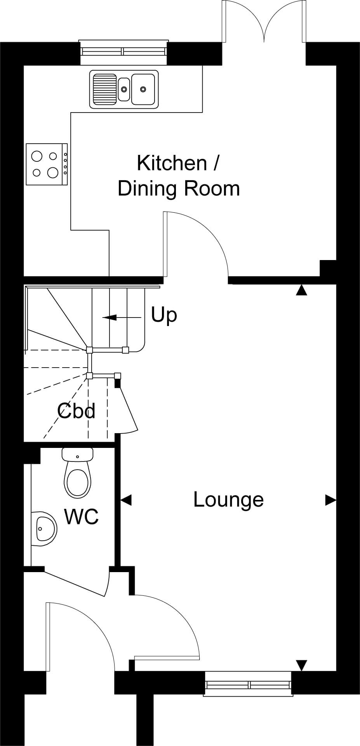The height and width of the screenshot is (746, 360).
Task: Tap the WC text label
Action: click(81, 517)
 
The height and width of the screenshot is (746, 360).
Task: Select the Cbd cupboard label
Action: click(76, 410)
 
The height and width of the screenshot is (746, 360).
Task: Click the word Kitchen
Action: click(172, 163)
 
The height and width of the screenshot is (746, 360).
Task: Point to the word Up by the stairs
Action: click(164, 315)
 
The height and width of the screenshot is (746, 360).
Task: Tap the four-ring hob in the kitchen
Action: click(47, 164)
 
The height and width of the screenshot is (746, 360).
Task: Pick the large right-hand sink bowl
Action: click(143, 89)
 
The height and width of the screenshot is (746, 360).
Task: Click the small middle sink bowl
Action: click(124, 89)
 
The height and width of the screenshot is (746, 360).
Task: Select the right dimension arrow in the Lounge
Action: click(330, 500)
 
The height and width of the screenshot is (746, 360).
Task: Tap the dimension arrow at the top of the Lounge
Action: click(301, 290)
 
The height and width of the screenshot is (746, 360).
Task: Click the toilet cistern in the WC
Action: click(78, 455)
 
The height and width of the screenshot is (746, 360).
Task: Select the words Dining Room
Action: click(179, 189)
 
